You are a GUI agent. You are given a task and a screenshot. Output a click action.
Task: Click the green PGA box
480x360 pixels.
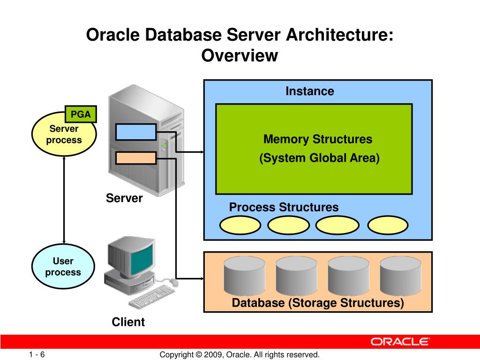pyautogui.click(x=80, y=114)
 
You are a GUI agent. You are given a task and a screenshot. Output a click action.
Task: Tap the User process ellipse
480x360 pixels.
pyautogui.click(x=63, y=267)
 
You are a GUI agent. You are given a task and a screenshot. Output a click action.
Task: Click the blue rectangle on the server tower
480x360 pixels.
pyautogui.click(x=135, y=132)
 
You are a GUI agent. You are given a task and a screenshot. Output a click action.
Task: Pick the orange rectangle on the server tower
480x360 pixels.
pyautogui.click(x=135, y=158)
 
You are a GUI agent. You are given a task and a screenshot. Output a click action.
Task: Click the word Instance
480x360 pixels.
pyautogui.click(x=310, y=91)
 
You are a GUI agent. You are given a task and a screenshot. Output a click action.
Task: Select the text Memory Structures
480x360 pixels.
pyautogui.click(x=318, y=139)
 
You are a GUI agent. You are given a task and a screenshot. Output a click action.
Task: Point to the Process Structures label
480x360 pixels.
pyautogui.click(x=284, y=207)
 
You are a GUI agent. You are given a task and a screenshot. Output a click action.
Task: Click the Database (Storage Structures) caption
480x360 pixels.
pyautogui.click(x=318, y=303)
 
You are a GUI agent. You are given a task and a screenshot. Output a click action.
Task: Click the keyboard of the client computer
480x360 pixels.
pyautogui.click(x=151, y=297)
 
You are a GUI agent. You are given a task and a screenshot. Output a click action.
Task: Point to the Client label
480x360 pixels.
pyautogui.click(x=128, y=322)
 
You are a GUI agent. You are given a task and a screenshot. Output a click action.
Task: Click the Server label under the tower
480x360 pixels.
pyautogui.click(x=124, y=198)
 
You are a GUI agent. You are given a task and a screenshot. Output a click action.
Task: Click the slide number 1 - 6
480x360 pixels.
pyautogui.click(x=37, y=354)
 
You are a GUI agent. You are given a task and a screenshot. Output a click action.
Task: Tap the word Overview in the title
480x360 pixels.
pyautogui.click(x=240, y=56)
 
